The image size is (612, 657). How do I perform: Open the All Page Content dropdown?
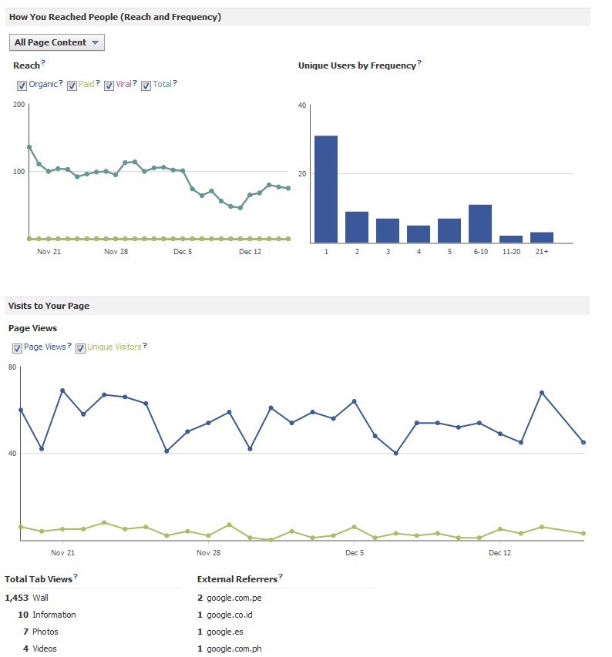click(x=56, y=43)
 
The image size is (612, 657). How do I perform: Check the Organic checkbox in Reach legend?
click(x=22, y=85)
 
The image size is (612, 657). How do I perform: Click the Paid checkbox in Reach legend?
click(x=72, y=85)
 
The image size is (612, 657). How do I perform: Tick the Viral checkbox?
click(x=109, y=85)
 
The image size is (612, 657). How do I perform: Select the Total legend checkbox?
click(x=146, y=85)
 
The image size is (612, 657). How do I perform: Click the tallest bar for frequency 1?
click(x=325, y=189)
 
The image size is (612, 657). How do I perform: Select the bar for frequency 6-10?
click(x=479, y=224)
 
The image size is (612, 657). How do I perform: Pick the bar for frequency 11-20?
click(x=510, y=239)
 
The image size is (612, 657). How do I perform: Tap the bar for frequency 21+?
click(x=541, y=237)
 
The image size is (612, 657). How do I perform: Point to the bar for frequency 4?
click(x=418, y=234)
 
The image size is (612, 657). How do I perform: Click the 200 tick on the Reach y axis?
click(x=18, y=104)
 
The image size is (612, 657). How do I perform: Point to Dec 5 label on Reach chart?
click(x=183, y=251)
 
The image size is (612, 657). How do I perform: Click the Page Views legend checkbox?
click(x=17, y=348)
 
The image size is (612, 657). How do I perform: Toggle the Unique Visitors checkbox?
click(x=80, y=348)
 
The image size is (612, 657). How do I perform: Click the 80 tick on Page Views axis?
click(x=12, y=367)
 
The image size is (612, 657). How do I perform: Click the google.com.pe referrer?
click(x=234, y=598)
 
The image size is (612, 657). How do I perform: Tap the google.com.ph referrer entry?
click(x=234, y=649)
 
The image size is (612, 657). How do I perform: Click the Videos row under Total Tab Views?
click(x=45, y=649)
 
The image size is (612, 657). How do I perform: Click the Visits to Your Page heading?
click(x=49, y=306)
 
